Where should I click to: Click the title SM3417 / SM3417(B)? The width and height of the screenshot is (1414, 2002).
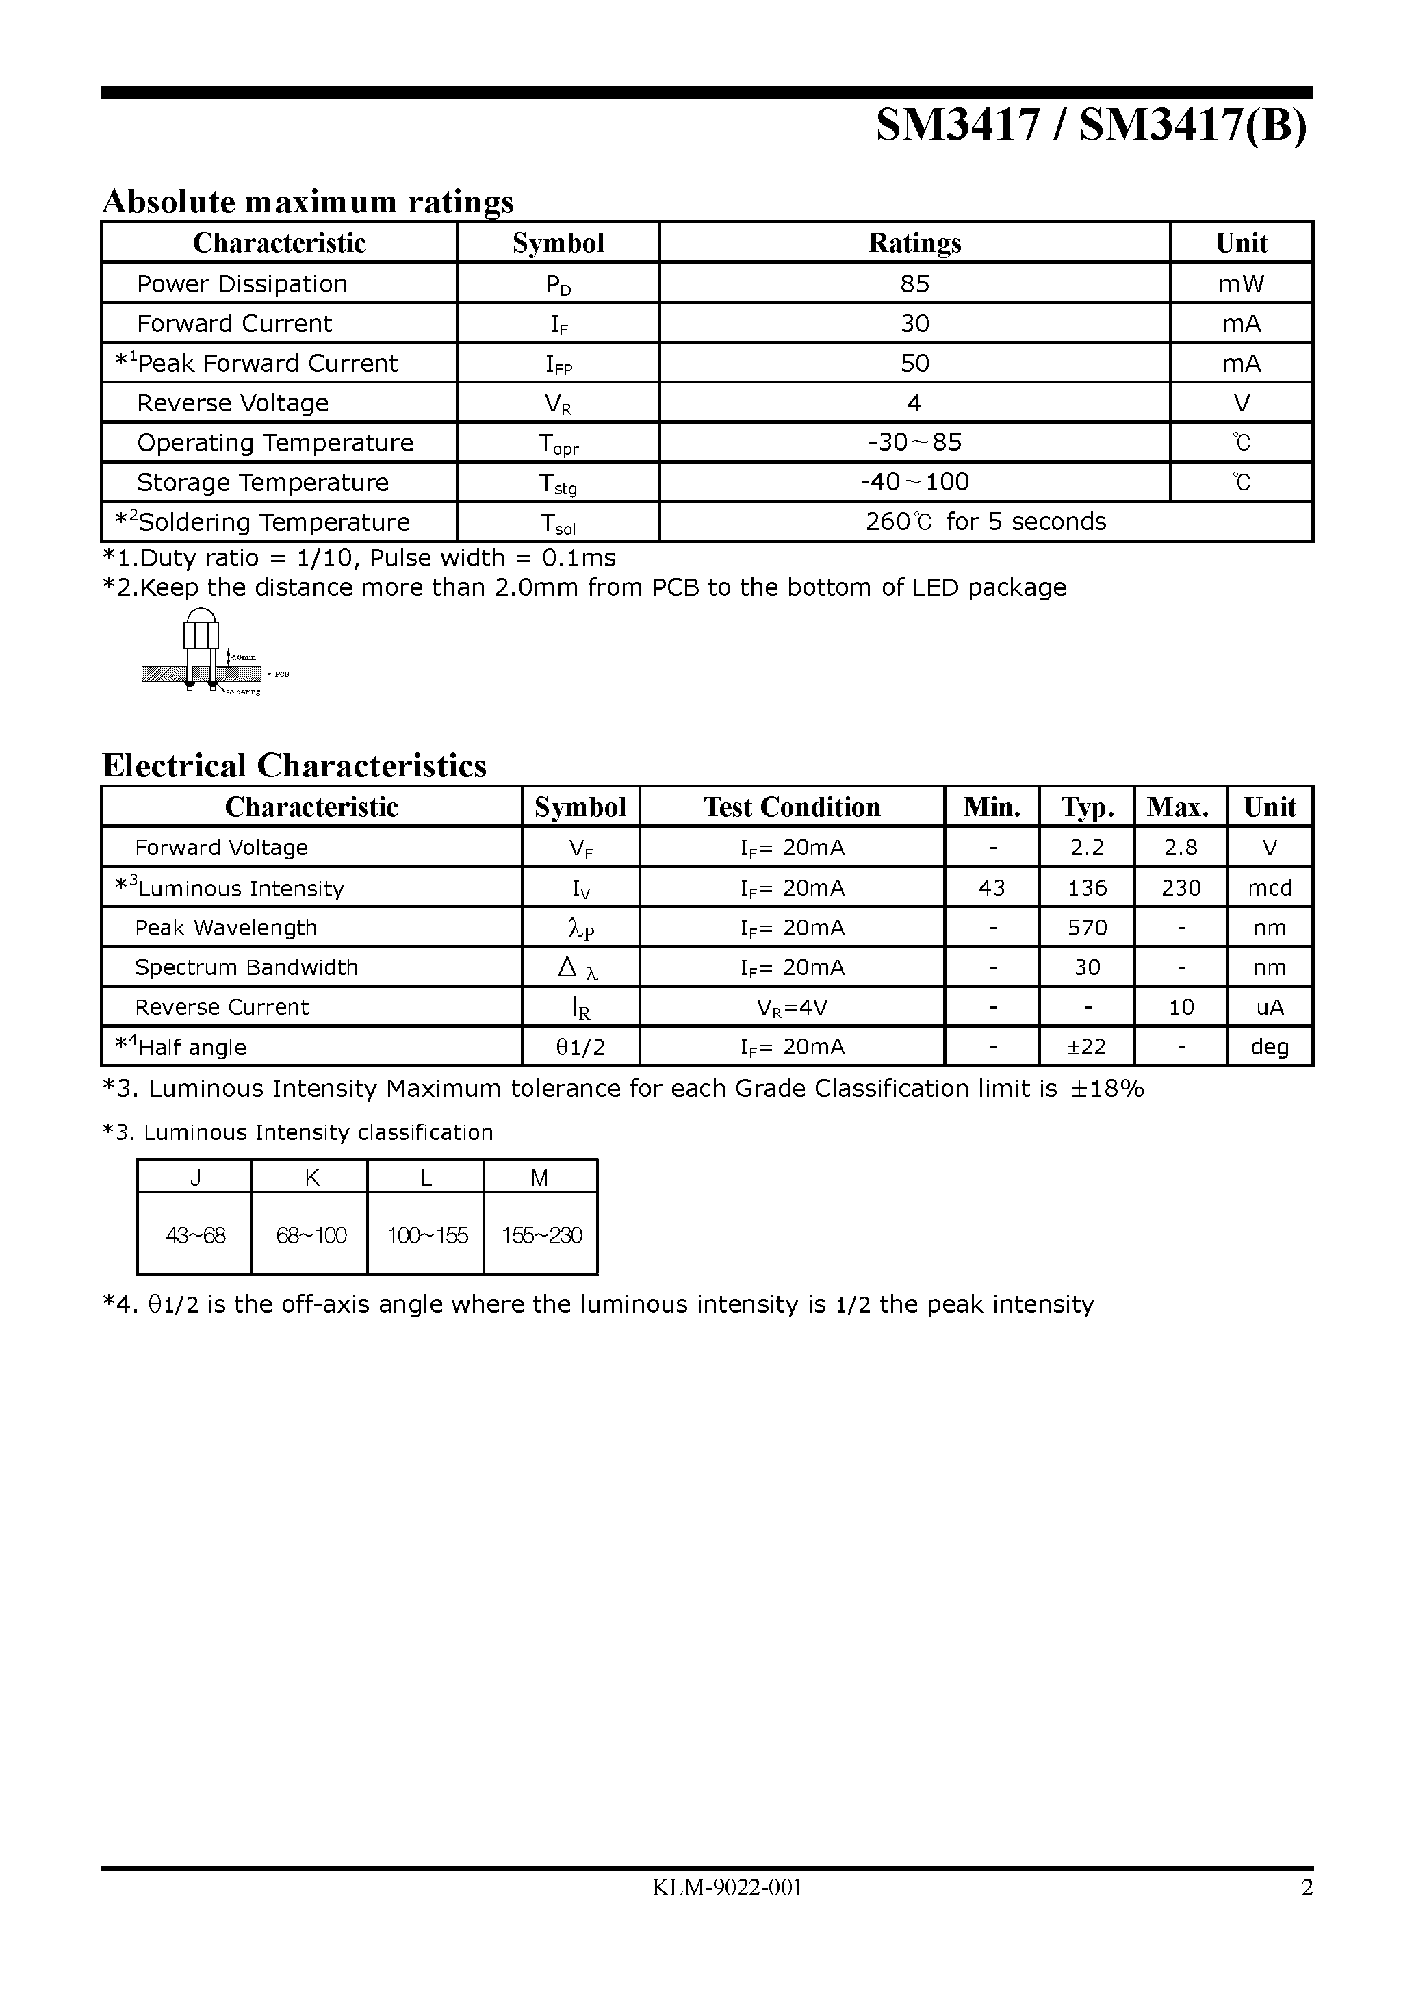pos(1092,125)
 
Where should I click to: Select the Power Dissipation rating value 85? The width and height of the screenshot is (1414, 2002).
pos(914,283)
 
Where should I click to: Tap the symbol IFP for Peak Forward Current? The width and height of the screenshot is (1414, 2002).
pos(558,364)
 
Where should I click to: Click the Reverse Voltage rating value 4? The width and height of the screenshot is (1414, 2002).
pos(914,403)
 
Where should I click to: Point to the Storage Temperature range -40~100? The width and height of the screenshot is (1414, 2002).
pos(914,482)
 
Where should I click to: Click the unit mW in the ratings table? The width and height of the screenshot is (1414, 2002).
pos(1242,283)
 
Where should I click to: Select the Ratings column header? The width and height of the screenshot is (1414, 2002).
pos(914,242)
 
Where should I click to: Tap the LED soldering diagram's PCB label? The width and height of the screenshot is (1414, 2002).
pos(281,674)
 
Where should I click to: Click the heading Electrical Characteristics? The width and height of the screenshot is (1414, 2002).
pos(294,765)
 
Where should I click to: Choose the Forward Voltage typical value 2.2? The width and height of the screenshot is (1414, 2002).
pos(1087,848)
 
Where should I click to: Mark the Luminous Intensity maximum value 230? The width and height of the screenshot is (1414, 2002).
pos(1181,887)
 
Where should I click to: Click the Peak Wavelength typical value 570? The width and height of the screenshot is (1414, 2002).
pos(1087,928)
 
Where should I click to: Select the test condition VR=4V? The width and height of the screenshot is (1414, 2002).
pos(792,1008)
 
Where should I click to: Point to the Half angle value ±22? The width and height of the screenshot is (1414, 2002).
pos(1087,1046)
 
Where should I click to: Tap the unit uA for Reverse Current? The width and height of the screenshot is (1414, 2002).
pos(1270,1007)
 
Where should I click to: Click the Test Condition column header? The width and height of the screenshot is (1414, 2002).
pos(792,807)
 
